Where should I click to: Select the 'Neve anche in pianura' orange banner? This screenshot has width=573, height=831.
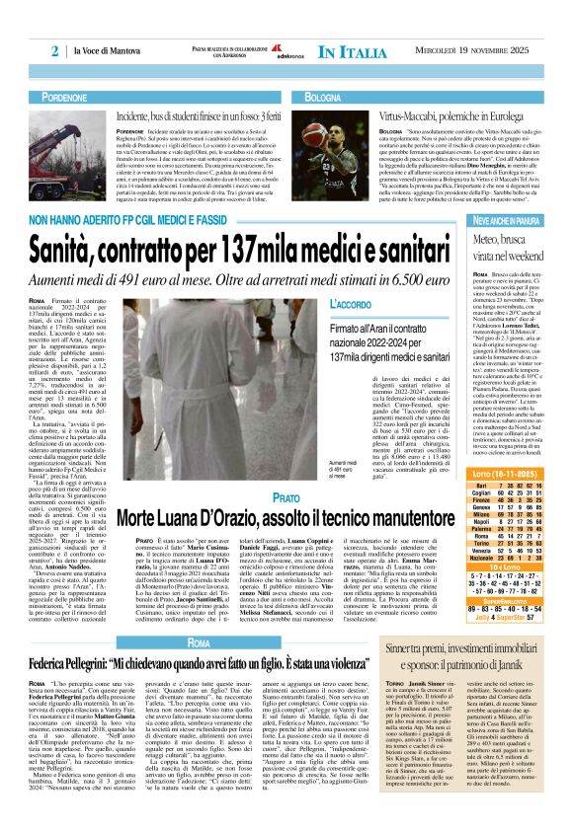(511, 217)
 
